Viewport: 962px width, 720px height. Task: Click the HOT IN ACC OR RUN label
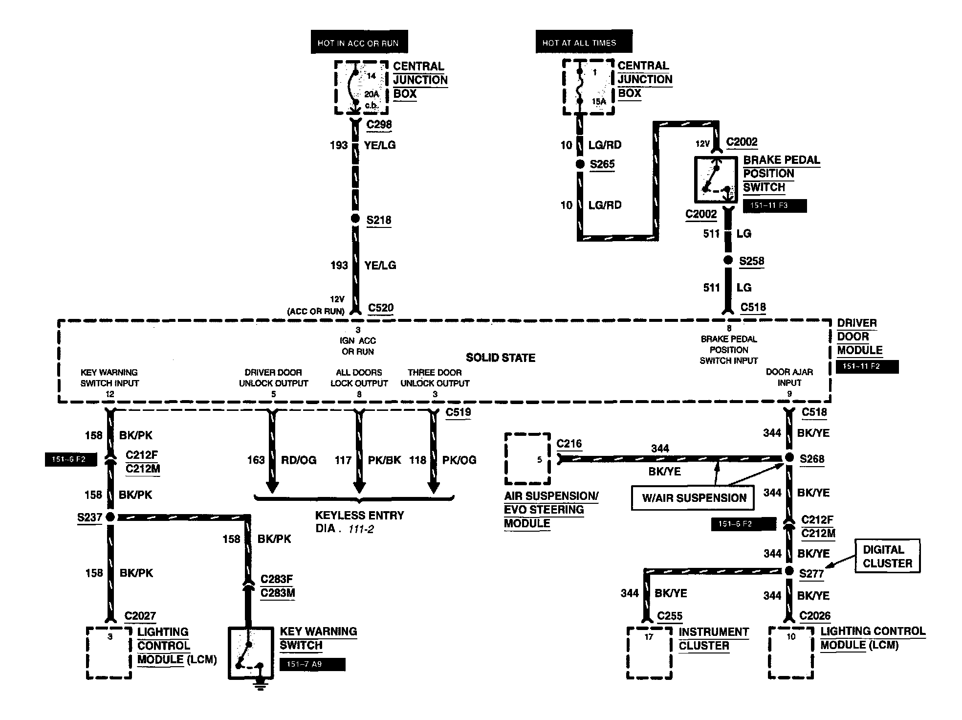click(359, 43)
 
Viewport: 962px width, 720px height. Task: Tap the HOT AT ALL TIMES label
click(583, 43)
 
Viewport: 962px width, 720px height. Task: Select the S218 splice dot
click(355, 219)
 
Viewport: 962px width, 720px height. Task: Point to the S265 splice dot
click(580, 164)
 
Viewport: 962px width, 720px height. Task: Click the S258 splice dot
click(728, 260)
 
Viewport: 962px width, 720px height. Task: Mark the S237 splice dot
click(110, 517)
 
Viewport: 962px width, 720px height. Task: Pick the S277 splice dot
click(789, 571)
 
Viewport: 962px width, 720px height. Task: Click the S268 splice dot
click(789, 457)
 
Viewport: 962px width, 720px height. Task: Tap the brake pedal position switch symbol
click(716, 180)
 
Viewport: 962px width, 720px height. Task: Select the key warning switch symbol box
click(250, 652)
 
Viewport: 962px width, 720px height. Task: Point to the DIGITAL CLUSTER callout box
click(887, 556)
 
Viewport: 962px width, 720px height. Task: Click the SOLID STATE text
click(501, 358)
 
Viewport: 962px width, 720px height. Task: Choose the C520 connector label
click(381, 308)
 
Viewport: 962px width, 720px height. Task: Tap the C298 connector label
click(379, 124)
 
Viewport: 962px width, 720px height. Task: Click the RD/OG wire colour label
click(299, 460)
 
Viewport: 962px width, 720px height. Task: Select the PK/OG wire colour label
click(459, 460)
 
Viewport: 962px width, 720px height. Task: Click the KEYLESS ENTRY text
click(360, 516)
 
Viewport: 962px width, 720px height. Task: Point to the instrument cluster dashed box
click(649, 653)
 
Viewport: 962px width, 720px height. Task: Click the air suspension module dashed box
click(527, 459)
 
